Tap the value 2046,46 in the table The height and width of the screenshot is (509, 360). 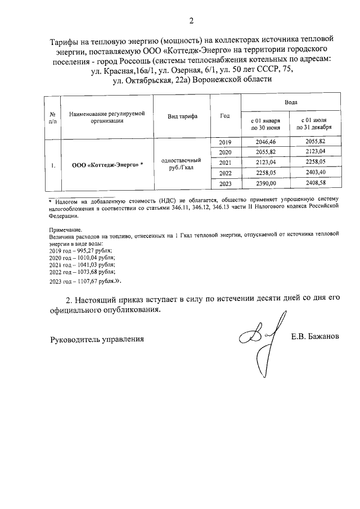[264, 142]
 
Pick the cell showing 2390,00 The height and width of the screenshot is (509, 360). [264, 183]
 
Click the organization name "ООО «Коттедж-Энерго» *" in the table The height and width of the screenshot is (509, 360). [107, 165]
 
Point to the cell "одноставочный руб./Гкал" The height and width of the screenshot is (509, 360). [182, 163]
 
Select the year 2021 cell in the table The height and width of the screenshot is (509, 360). [225, 163]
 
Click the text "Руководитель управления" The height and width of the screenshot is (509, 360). [97, 339]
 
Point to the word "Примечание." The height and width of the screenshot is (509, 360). [65, 231]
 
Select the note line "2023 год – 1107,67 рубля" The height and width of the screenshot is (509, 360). [85, 280]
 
